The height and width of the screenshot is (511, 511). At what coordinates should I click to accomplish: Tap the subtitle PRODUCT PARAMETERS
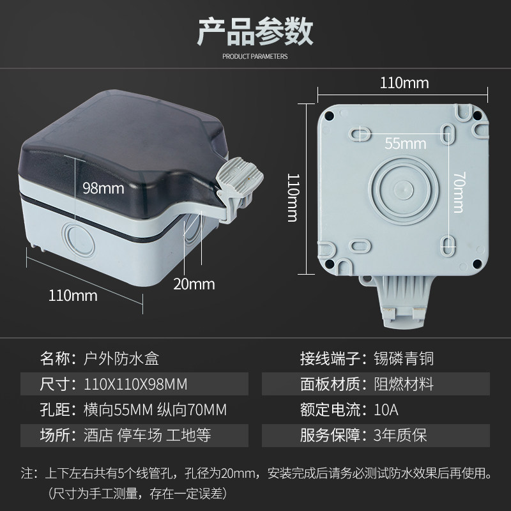click(255, 56)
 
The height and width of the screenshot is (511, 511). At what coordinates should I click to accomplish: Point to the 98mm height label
click(103, 188)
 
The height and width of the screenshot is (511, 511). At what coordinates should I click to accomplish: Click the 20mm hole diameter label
click(194, 284)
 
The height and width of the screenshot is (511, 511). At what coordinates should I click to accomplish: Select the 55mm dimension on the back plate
click(406, 143)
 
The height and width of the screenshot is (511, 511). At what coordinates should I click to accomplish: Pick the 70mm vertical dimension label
click(459, 192)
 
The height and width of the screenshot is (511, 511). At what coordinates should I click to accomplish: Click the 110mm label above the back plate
click(404, 83)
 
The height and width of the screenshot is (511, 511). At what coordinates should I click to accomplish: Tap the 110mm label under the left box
click(73, 296)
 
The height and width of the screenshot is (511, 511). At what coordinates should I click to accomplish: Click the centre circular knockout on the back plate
click(404, 190)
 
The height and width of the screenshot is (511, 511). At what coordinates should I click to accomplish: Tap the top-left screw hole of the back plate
click(329, 115)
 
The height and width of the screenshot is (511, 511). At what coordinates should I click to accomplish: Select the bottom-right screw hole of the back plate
click(477, 264)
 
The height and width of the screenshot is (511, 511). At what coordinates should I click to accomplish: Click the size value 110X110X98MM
click(135, 385)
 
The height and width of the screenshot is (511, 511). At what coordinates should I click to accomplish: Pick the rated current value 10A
click(386, 409)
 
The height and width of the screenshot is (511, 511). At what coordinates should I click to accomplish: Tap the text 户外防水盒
click(121, 358)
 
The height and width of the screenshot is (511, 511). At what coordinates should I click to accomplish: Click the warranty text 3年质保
click(400, 435)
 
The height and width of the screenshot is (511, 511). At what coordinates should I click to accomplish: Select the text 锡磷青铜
click(404, 358)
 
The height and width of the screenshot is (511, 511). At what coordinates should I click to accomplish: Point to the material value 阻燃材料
click(404, 385)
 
